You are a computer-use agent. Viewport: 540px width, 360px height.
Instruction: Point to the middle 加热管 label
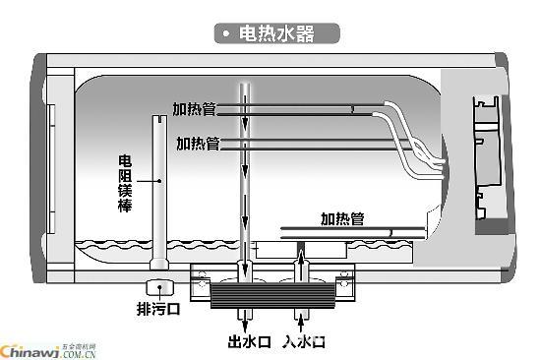[198, 143]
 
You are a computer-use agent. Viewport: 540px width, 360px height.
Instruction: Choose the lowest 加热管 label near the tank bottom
[342, 217]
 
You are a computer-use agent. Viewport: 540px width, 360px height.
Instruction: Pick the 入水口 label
[304, 342]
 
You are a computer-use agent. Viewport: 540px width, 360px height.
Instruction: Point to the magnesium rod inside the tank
[157, 187]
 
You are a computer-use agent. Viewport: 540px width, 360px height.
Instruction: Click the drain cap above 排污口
[156, 289]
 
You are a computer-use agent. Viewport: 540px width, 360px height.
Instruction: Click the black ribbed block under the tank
[270, 293]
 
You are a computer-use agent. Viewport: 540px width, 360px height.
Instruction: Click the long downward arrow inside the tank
[244, 177]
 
